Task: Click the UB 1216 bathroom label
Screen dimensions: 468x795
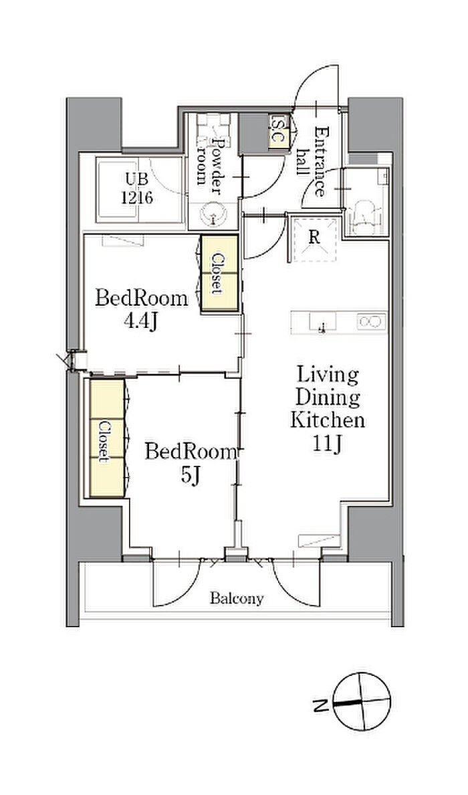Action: [x=137, y=188]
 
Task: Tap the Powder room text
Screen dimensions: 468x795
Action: [x=211, y=161]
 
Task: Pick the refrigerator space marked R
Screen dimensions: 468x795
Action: [x=314, y=239]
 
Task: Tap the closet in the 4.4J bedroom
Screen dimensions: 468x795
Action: [x=219, y=273]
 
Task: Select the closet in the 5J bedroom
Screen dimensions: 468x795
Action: [x=107, y=438]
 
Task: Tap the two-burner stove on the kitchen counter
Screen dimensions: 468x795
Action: [x=371, y=321]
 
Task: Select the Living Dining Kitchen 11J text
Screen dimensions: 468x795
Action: [x=328, y=409]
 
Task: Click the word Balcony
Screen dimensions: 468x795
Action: [x=237, y=599]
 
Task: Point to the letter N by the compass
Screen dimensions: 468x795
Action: [x=319, y=704]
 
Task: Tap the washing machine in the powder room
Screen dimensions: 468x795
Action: [x=214, y=126]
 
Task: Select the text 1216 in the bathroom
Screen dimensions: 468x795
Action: [x=137, y=197]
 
